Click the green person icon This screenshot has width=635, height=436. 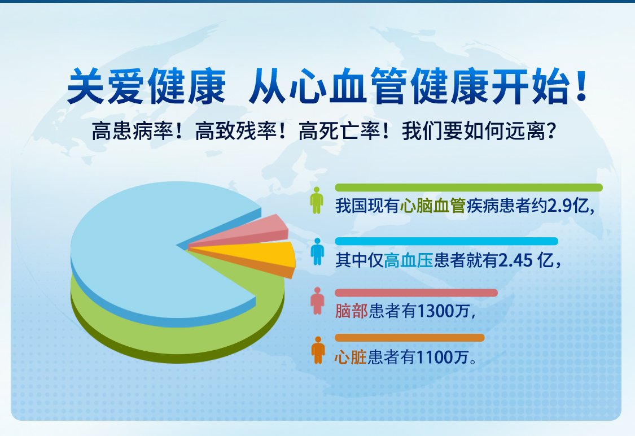click(317, 200)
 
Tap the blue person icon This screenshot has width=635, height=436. click(317, 252)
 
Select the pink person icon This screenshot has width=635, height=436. click(317, 301)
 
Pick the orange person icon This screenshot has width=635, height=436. click(318, 350)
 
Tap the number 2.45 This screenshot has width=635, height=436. click(515, 260)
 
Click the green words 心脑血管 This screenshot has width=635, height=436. click(432, 206)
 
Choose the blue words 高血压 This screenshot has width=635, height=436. click(409, 260)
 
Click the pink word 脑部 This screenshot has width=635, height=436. click(352, 311)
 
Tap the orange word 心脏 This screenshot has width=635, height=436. click(351, 357)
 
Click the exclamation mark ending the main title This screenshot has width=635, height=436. click(582, 85)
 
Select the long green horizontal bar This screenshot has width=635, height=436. click(468, 187)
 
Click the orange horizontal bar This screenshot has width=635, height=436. click(409, 338)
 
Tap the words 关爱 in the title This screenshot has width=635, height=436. click(106, 86)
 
